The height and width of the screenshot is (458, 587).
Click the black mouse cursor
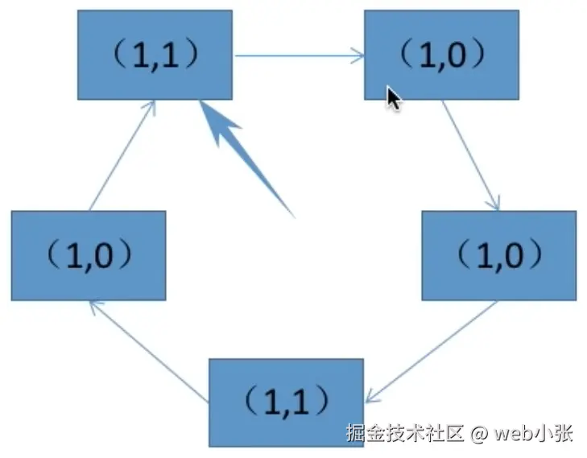[393, 98]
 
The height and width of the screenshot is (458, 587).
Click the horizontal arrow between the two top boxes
[299, 56]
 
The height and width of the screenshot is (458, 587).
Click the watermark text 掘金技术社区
[405, 435]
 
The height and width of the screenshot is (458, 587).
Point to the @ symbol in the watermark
[480, 435]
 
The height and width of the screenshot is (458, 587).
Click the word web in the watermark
[513, 435]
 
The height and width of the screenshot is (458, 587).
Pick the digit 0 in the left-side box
[116, 255]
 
